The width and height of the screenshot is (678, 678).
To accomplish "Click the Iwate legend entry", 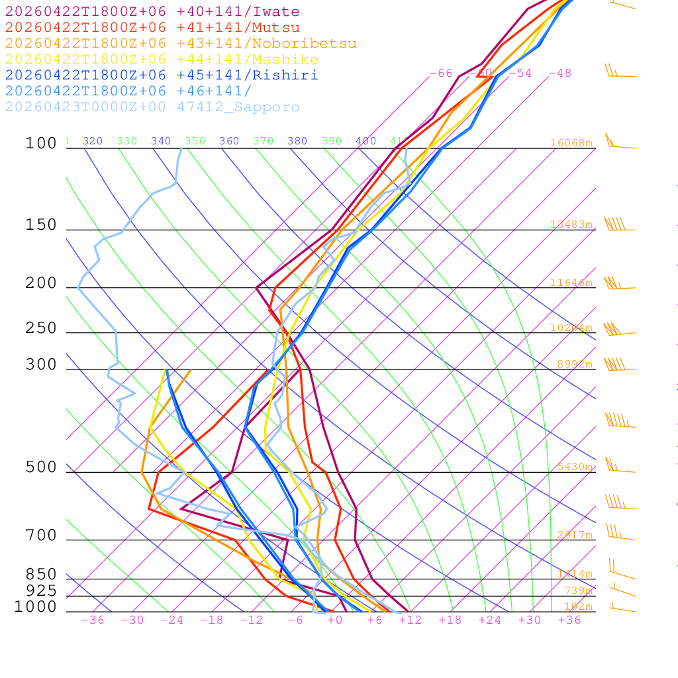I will [x=152, y=12].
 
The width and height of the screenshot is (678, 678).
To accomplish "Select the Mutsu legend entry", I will [x=152, y=28].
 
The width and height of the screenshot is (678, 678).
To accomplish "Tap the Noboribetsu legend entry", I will [x=181, y=44].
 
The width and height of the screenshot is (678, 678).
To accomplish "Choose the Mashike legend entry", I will [x=162, y=60].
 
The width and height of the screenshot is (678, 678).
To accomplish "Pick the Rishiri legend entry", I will [x=162, y=75].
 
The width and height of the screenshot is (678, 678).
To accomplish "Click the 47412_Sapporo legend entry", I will [x=152, y=107].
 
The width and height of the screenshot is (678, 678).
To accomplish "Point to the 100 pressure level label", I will [x=41, y=143].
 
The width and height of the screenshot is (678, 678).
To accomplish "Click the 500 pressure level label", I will [x=41, y=467].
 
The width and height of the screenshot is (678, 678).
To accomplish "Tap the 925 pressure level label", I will [x=41, y=591].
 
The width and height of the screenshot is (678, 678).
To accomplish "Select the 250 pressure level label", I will [x=41, y=328].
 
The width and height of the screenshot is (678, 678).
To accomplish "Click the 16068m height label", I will [x=571, y=143].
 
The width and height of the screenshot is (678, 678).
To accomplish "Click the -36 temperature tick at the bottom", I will [x=92, y=620].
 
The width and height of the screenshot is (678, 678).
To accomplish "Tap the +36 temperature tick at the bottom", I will [x=569, y=620].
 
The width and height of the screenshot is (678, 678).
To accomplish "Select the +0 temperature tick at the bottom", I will [x=334, y=620].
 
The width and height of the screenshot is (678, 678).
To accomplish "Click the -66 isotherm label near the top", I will [x=441, y=73].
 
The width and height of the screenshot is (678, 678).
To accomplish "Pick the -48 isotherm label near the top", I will [x=559, y=73].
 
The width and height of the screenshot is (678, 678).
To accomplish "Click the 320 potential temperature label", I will [x=93, y=141].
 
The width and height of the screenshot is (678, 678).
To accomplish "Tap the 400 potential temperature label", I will [x=365, y=141].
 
